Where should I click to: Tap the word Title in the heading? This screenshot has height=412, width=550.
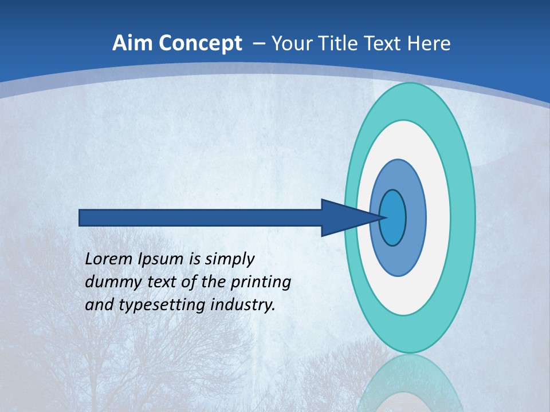tap(331, 43)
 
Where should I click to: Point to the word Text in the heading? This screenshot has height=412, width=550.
tap(382, 43)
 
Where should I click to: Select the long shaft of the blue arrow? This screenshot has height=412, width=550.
tap(201, 217)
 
